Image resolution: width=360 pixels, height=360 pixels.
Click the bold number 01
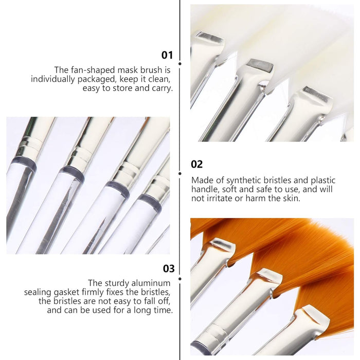point(167,55)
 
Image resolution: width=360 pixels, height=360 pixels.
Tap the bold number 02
point(197,164)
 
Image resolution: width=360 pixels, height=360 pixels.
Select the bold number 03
point(168,268)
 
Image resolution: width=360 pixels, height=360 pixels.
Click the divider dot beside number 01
point(179,63)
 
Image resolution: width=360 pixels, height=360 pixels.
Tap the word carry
point(162,88)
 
